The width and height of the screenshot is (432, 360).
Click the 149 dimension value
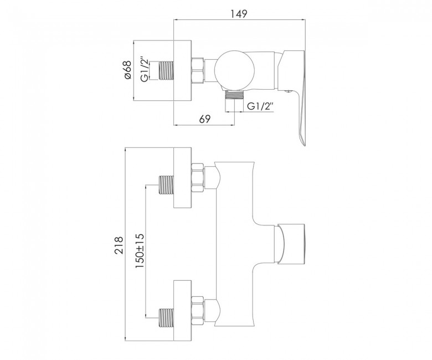(x=239, y=14)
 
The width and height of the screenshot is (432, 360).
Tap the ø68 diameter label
(x=128, y=70)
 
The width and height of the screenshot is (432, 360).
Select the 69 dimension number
(x=205, y=119)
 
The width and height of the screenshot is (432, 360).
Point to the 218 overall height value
(x=119, y=245)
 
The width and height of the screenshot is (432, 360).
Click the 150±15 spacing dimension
(x=140, y=251)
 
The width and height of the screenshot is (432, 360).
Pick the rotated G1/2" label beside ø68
(x=145, y=70)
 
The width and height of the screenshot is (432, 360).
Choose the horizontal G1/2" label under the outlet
(x=260, y=106)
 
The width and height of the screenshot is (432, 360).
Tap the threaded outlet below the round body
(x=234, y=95)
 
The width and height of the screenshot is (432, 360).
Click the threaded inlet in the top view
(x=166, y=70)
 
